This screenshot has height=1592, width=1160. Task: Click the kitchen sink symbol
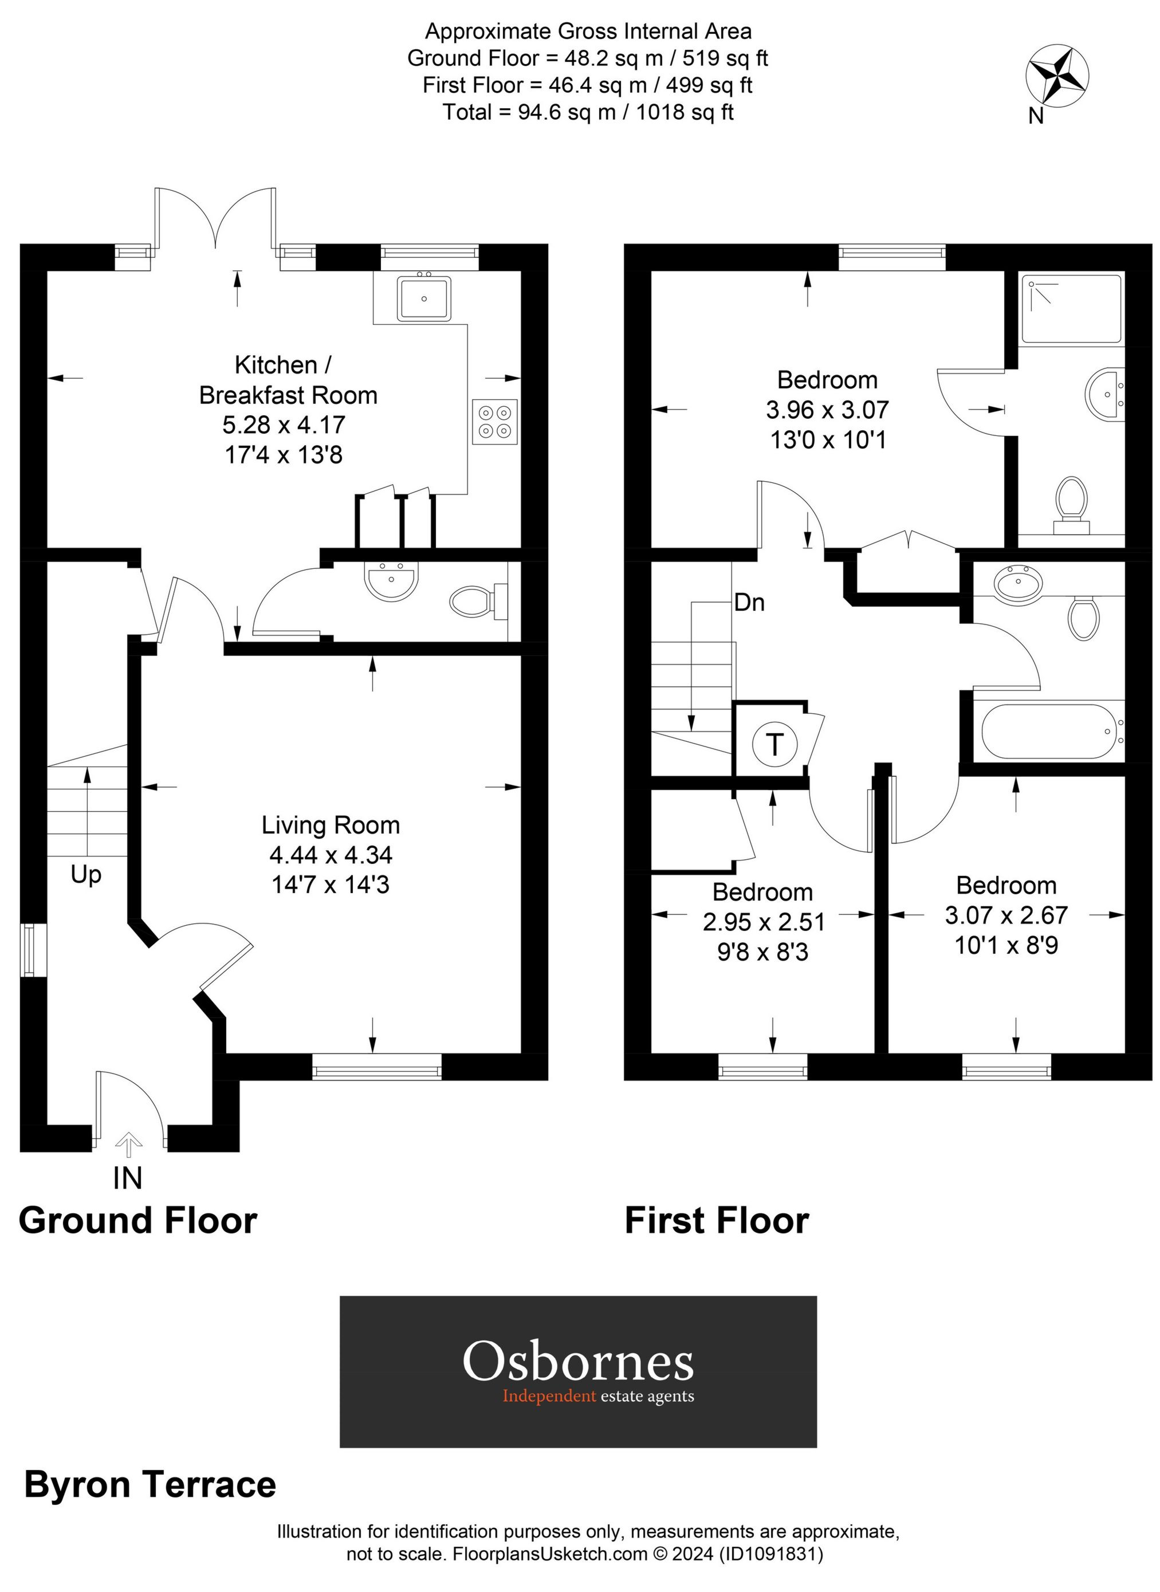tap(423, 298)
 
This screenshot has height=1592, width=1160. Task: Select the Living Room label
tap(330, 825)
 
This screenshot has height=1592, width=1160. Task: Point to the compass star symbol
tap(1057, 77)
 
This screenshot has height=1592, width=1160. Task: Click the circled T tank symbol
tap(774, 744)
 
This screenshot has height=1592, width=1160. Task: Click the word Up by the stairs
tap(86, 875)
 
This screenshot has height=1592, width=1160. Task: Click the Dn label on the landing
tap(749, 603)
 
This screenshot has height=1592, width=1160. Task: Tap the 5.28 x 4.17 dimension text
tap(284, 425)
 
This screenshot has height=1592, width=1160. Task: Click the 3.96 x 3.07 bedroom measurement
tap(827, 410)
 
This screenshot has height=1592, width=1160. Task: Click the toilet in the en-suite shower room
tap(1071, 501)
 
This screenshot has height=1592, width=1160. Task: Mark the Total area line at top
tap(588, 112)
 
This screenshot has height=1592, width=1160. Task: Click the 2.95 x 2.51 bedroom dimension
tap(763, 921)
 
